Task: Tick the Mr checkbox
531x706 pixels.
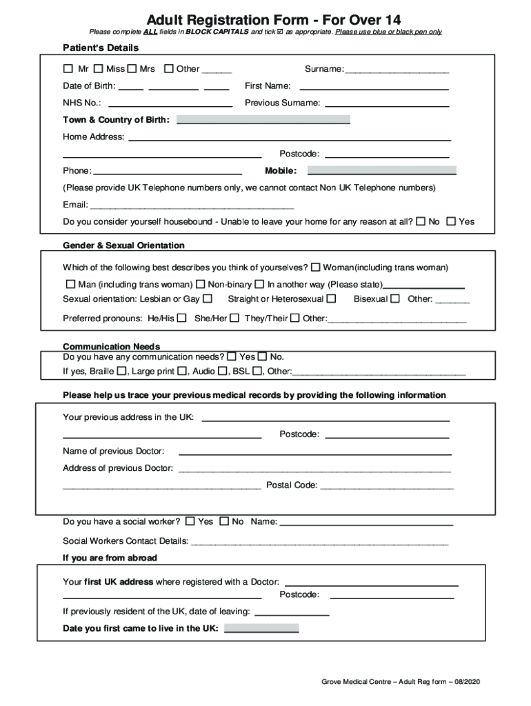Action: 68,69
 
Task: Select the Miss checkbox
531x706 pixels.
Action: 99,69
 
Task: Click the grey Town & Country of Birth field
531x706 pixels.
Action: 263,119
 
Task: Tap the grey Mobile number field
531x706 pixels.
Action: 381,170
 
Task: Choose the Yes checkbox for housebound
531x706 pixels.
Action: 451,221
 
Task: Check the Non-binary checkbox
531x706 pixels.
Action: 201,284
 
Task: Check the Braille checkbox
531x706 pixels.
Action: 121,371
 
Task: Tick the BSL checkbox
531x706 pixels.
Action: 257,371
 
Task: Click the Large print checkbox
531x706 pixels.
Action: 181,371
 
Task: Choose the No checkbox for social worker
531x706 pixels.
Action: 224,521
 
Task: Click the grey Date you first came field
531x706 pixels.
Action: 261,628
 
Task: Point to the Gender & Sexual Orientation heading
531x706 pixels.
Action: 123,245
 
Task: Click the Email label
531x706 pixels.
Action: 75,205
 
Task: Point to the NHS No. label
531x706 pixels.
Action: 82,103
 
